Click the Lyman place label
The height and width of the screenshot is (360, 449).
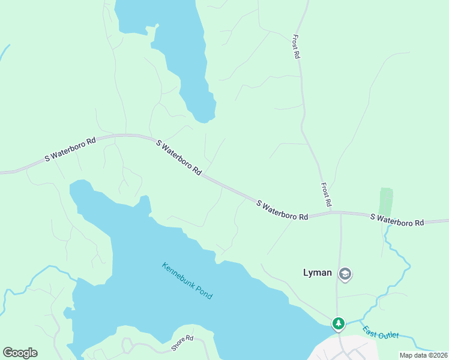pyautogui.click(x=317, y=272)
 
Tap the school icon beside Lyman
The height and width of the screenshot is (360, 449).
pyautogui.click(x=345, y=275)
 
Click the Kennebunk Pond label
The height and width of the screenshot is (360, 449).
pyautogui.click(x=187, y=281)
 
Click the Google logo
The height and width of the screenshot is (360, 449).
pyautogui.click(x=20, y=353)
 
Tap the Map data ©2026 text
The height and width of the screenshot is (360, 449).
pyautogui.click(x=423, y=355)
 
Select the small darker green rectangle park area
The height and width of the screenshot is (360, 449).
pyautogui.click(x=386, y=202)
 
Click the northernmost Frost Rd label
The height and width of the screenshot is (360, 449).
pyautogui.click(x=296, y=46)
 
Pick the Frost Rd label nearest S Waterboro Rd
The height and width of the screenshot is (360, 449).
pyautogui.click(x=326, y=195)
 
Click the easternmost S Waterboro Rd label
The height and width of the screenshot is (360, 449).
pyautogui.click(x=397, y=220)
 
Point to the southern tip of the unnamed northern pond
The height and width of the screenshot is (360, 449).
pyautogui.click(x=205, y=121)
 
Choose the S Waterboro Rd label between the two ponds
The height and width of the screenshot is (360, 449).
pyautogui.click(x=179, y=157)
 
